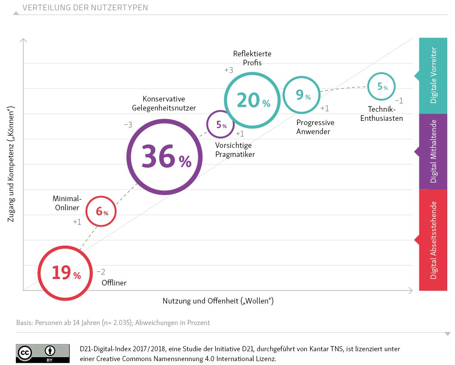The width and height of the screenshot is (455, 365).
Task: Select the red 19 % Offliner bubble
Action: point(65,273)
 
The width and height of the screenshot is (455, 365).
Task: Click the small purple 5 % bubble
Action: point(220,125)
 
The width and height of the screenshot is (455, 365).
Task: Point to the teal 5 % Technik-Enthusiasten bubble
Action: point(382,86)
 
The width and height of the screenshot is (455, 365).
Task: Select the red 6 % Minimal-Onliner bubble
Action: point(101,211)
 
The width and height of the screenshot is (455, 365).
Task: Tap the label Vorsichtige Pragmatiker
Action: point(235,150)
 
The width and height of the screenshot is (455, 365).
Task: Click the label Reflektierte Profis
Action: point(252,58)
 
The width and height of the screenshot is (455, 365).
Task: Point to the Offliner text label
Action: point(114,283)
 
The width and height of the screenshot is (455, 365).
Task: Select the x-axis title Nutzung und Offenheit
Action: point(218,301)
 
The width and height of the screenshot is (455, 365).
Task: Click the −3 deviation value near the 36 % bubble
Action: point(128,125)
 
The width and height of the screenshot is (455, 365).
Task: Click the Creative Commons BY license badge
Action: point(43,353)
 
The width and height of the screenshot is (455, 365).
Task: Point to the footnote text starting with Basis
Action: point(113,322)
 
